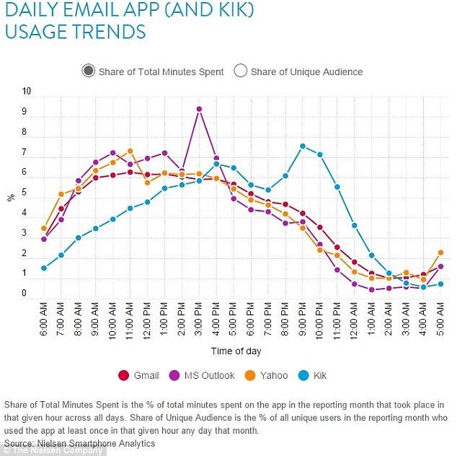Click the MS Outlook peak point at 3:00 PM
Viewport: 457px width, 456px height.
[199, 109]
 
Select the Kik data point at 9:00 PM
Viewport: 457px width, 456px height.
[303, 146]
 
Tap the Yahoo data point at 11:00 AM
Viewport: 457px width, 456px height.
[130, 152]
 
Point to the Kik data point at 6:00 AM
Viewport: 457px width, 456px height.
[44, 268]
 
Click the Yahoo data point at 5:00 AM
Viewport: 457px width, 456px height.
[440, 253]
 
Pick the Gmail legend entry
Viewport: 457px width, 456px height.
[140, 375]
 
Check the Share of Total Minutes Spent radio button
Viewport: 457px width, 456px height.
[89, 71]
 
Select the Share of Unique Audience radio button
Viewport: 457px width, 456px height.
[241, 71]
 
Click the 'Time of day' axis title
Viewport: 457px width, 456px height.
[236, 351]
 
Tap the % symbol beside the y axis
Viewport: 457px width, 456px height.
[11, 197]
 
